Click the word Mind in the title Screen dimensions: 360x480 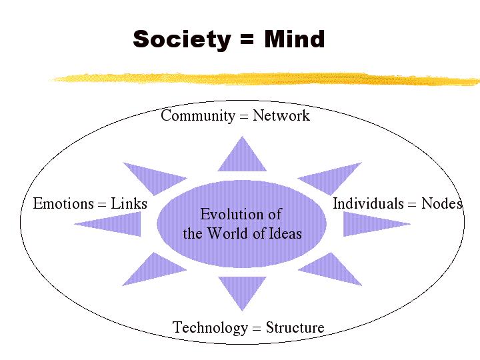point(294,39)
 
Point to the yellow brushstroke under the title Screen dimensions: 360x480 point(267,79)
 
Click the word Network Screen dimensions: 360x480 point(281,116)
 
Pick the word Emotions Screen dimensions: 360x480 point(64,203)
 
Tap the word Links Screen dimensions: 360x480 point(129,203)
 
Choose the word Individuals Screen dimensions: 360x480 point(368,203)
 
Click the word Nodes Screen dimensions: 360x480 point(442,203)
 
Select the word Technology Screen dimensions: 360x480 point(210,327)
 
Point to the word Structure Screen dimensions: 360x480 point(295,327)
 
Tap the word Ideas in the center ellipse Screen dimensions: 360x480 point(285,233)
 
